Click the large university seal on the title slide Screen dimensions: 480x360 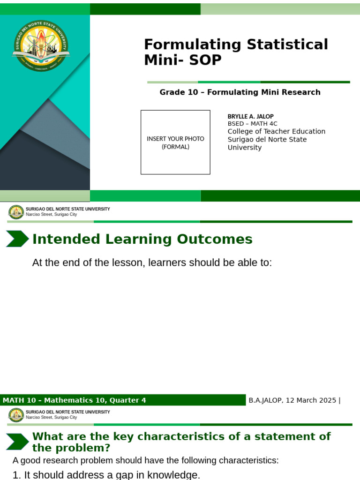click(x=41, y=46)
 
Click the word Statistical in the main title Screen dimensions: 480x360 click(x=277, y=45)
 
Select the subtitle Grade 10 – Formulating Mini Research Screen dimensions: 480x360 click(x=240, y=92)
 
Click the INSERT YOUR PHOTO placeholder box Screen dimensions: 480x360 click(x=175, y=142)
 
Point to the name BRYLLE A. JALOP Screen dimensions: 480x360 click(x=250, y=116)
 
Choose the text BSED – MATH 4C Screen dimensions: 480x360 click(x=252, y=124)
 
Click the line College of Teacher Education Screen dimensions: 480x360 click(x=276, y=132)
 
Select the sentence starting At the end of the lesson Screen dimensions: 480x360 click(x=152, y=262)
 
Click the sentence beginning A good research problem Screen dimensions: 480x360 click(x=145, y=460)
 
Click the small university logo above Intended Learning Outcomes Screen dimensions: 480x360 click(x=16, y=212)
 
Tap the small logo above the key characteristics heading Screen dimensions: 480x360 click(x=16, y=415)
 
